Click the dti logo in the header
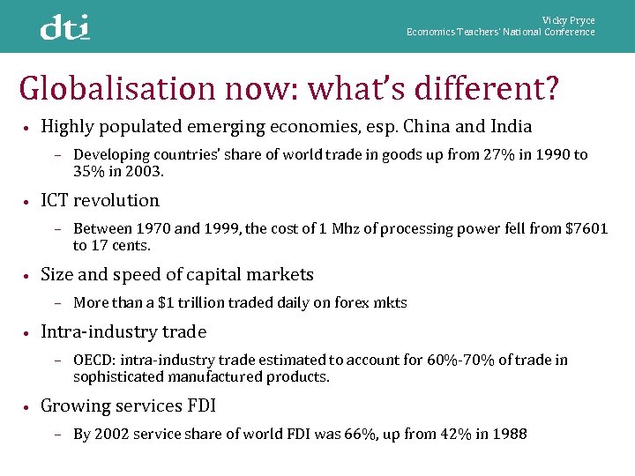pyautogui.click(x=65, y=28)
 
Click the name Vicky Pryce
pyautogui.click(x=569, y=20)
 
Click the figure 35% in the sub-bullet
pyautogui.click(x=89, y=172)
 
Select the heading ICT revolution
pyautogui.click(x=101, y=200)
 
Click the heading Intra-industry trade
pyautogui.click(x=123, y=332)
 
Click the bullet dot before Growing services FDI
pyautogui.click(x=28, y=407)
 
